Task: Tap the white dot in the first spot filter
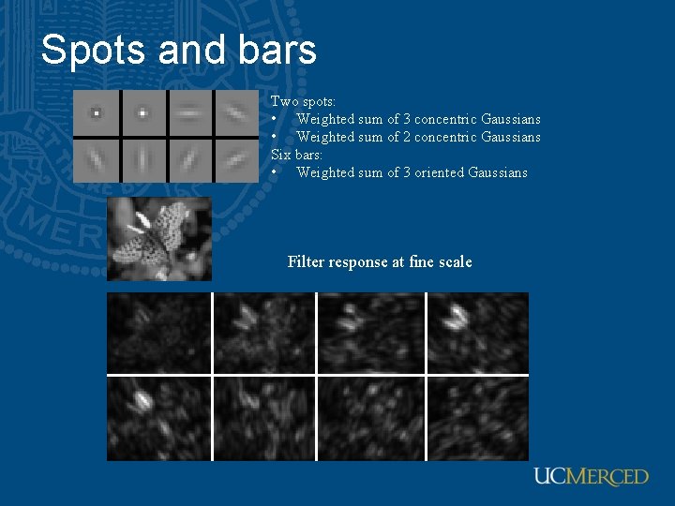pyautogui.click(x=96, y=113)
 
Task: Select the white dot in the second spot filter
pyautogui.click(x=142, y=113)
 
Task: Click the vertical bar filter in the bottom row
pyautogui.click(x=142, y=159)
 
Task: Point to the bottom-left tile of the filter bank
pyautogui.click(x=96, y=159)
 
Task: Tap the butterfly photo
pyautogui.click(x=159, y=239)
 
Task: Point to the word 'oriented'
pyautogui.click(x=438, y=172)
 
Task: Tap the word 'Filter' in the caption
pyautogui.click(x=306, y=261)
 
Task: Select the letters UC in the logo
pyautogui.click(x=549, y=477)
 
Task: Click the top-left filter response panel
pyautogui.click(x=158, y=333)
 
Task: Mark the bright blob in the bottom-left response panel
pyautogui.click(x=143, y=402)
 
